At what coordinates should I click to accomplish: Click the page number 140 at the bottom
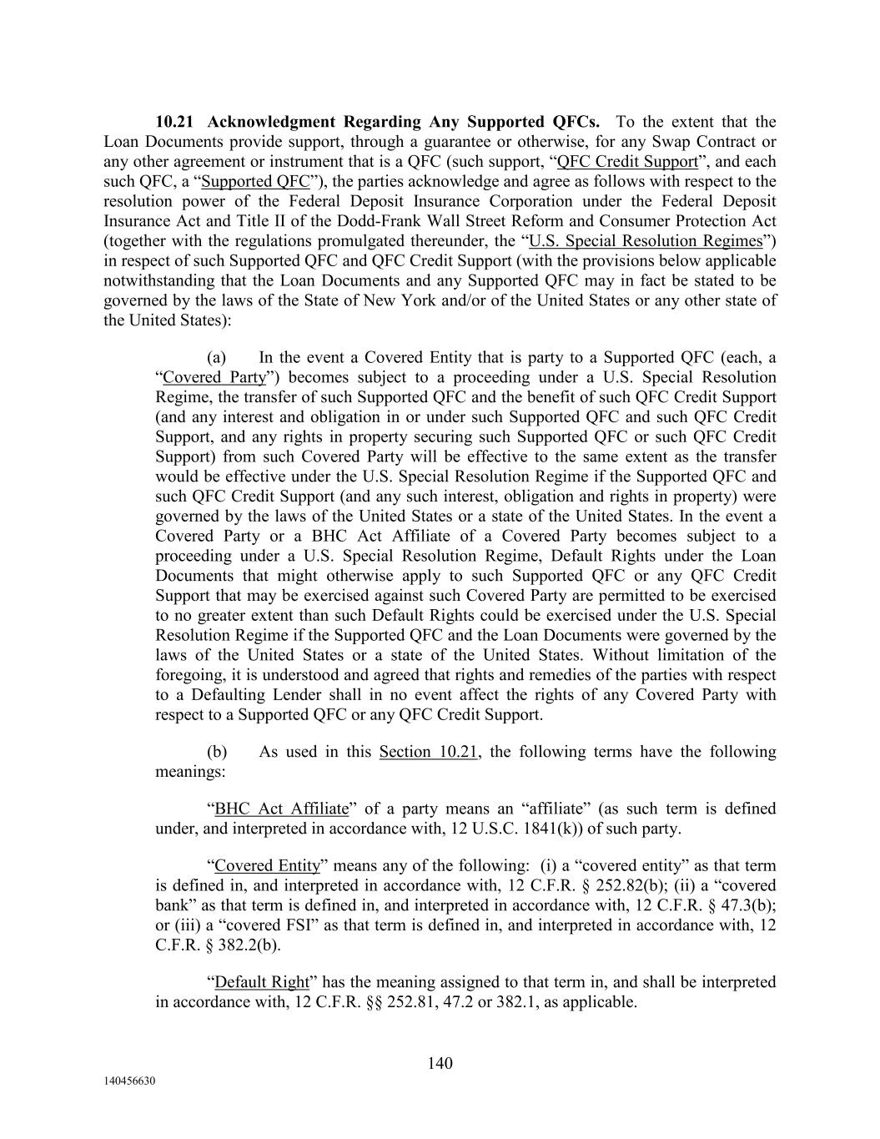point(440,1063)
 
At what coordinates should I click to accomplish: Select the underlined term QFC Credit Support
point(626,162)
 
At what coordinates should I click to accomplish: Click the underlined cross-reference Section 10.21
point(428,752)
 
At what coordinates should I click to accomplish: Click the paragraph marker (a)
point(216,358)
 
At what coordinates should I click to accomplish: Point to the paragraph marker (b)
point(216,752)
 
